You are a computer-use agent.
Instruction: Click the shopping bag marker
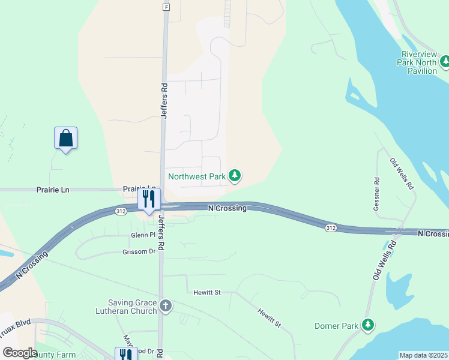pos(65,138)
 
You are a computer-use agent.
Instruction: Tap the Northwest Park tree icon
pos(236,176)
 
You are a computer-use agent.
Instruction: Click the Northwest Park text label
pos(196,176)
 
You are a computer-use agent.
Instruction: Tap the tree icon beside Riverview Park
pos(445,61)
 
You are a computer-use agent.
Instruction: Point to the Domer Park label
pos(336,326)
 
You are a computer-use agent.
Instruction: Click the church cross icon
pos(166,307)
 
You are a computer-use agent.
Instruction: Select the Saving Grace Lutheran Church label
pos(132,307)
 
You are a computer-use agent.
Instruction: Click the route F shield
pos(166,7)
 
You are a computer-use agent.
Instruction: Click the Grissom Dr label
pos(139,252)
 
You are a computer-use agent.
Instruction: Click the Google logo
pos(20,353)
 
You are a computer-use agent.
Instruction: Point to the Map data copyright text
pos(423,355)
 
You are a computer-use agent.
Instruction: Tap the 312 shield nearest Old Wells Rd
pos(331,228)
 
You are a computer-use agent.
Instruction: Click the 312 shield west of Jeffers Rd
pos(121,211)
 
